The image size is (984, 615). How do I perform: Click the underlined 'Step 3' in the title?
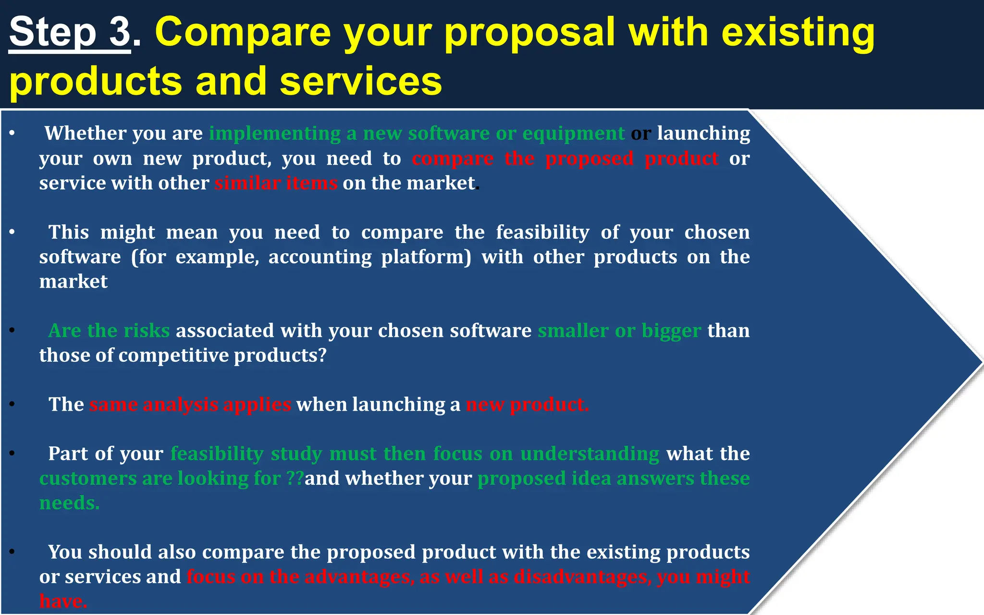(x=70, y=33)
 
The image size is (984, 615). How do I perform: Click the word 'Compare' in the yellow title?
(x=243, y=33)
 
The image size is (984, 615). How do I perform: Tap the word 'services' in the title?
(x=360, y=82)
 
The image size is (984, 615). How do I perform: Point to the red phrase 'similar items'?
(x=276, y=184)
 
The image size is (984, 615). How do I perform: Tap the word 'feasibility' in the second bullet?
(x=542, y=233)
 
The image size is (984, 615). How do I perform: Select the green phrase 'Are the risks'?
(x=109, y=331)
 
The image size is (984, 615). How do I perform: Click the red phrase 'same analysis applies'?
(x=190, y=405)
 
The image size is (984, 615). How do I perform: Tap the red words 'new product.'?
(x=527, y=405)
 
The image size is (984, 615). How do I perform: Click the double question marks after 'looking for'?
(x=295, y=479)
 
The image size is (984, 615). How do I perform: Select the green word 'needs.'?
(x=69, y=503)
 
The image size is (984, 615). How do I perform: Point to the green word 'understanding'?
(x=590, y=454)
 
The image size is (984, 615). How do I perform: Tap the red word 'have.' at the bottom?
(x=63, y=601)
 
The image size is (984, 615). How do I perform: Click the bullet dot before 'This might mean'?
(x=12, y=233)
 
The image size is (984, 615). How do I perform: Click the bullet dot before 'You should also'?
(x=12, y=552)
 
